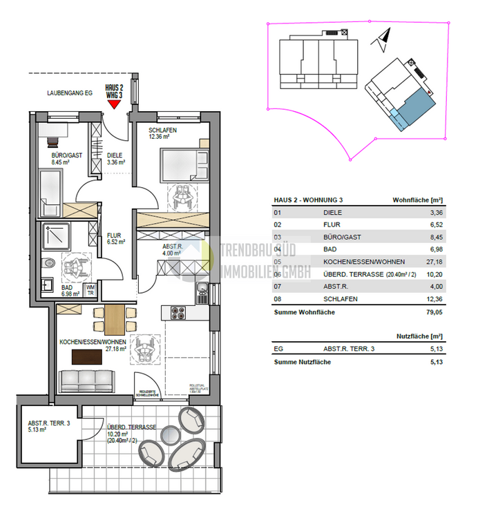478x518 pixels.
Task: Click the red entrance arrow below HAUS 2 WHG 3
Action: pos(114,104)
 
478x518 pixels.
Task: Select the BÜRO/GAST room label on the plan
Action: pos(67,155)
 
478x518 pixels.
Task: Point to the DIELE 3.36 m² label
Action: pos(116,159)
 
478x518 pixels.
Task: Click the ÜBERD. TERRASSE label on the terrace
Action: pos(131,427)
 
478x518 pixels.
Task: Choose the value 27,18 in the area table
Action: pos(432,262)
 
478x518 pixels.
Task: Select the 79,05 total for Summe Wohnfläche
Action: pos(432,312)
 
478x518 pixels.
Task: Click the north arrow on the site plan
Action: pos(383,39)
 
